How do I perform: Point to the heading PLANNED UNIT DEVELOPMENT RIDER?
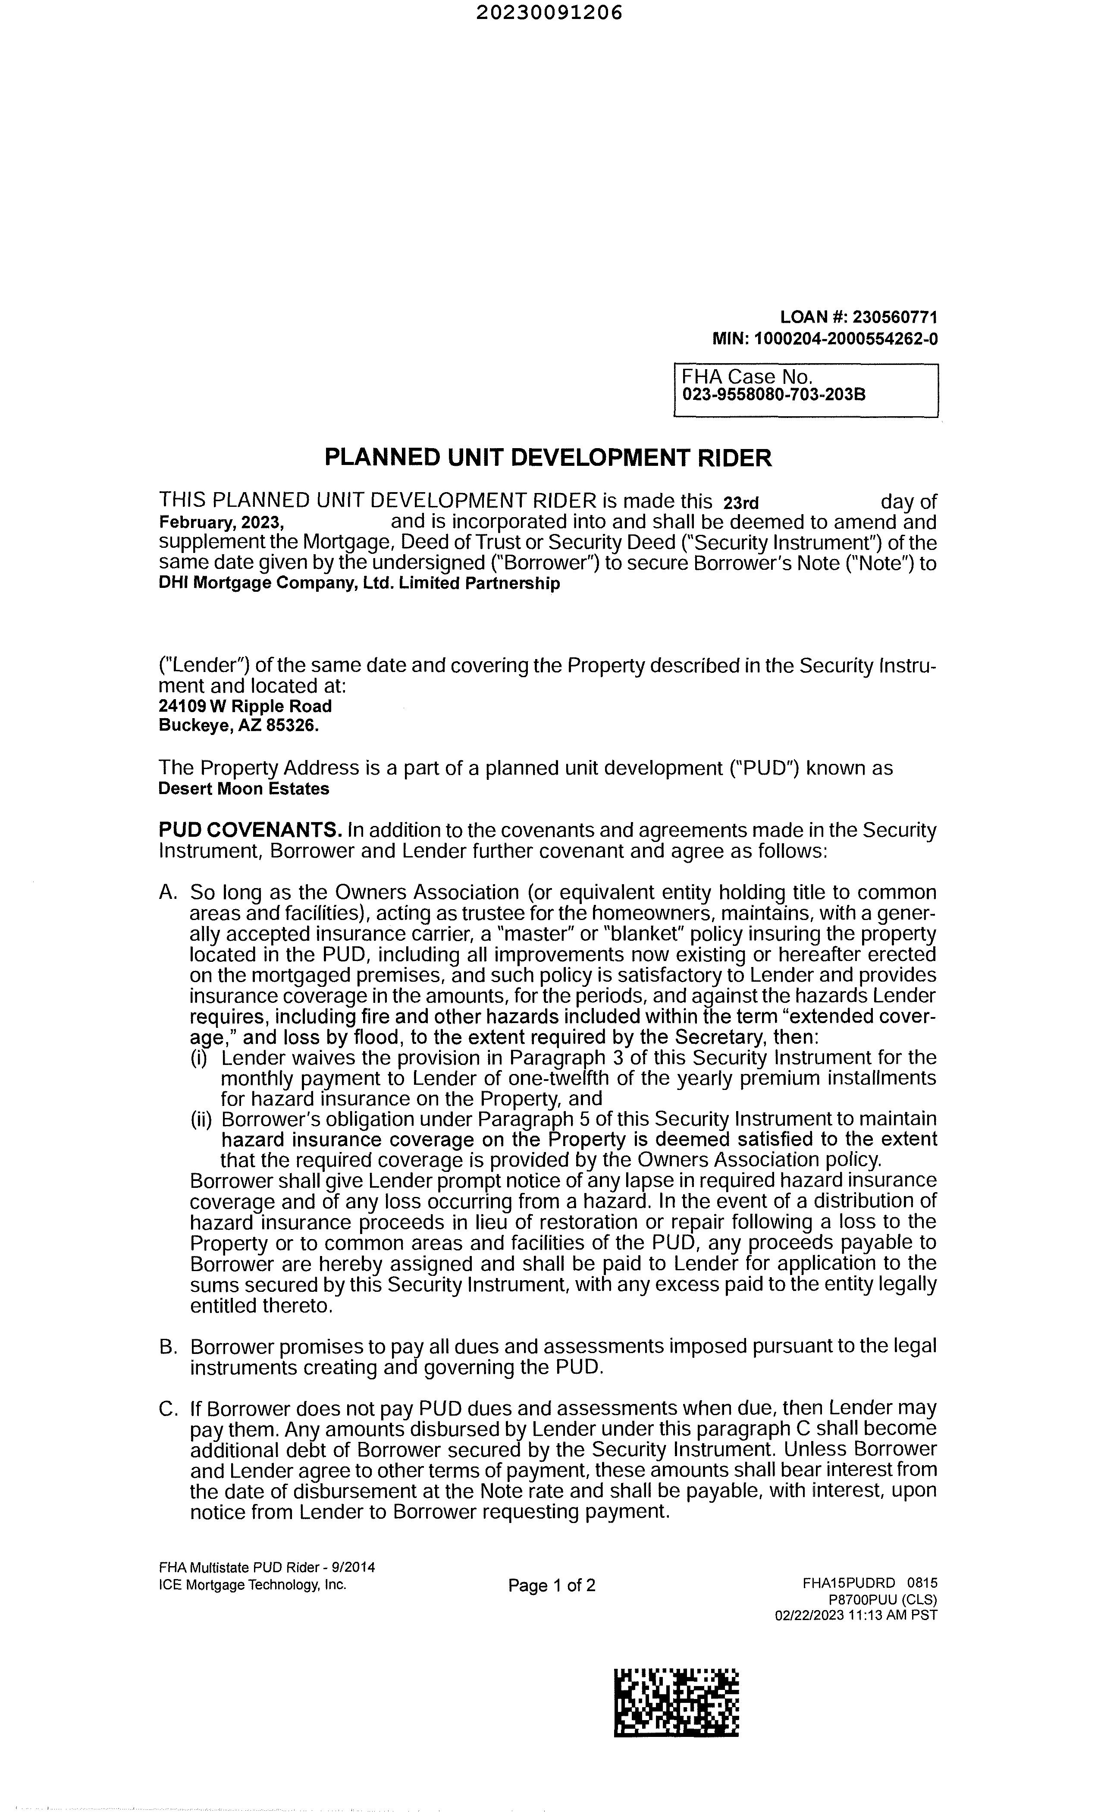click(548, 458)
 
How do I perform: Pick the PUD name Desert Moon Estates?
click(244, 789)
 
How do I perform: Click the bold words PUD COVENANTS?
click(250, 830)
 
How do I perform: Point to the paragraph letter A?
click(168, 893)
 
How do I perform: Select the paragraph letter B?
click(168, 1347)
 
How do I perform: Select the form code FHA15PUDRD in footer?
click(848, 1583)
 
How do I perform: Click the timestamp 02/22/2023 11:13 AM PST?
click(856, 1615)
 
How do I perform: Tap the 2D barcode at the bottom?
click(676, 1702)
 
